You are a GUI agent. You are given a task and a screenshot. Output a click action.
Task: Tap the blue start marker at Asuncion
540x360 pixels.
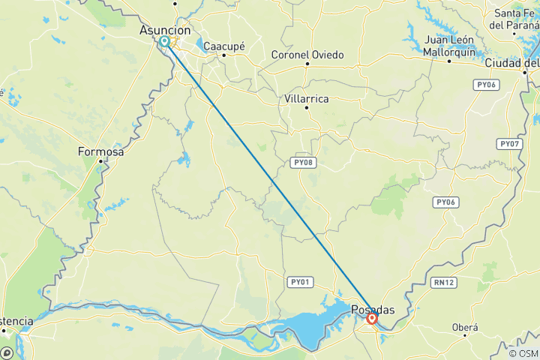[x=165, y=41]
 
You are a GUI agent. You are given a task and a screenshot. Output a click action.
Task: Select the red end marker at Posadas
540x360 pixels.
[x=372, y=319]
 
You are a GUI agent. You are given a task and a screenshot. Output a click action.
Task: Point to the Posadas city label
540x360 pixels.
[x=373, y=309]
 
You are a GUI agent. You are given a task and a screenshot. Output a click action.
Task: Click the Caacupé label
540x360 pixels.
[x=225, y=46]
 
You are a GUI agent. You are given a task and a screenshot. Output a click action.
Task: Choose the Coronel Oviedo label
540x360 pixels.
[x=307, y=55]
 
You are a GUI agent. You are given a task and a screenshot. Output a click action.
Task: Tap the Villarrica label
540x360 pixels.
[x=307, y=97]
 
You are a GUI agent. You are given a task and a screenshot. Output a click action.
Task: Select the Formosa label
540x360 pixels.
[x=100, y=151]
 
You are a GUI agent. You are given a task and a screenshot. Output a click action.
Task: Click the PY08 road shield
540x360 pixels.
[x=301, y=162]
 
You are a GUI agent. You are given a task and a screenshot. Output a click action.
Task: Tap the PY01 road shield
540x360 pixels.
[x=298, y=282]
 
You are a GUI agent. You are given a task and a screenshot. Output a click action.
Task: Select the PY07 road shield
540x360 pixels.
[x=508, y=143]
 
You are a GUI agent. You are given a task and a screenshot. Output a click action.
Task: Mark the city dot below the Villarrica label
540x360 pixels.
[x=307, y=108]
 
